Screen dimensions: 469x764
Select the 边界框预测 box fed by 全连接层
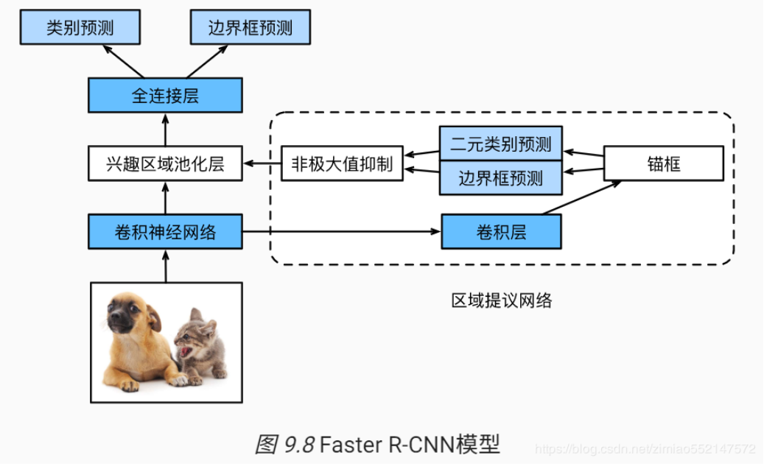click(250, 28)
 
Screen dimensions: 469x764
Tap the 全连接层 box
click(165, 96)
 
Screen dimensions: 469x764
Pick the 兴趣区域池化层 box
click(165, 163)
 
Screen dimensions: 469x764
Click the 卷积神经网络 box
click(165, 232)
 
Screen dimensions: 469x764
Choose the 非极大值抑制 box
click(342, 163)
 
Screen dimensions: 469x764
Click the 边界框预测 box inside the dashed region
click(500, 178)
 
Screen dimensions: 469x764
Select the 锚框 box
click(664, 163)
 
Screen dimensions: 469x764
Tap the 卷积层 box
click(501, 232)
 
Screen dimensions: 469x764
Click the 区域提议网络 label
click(501, 300)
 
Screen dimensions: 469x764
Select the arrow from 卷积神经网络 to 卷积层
click(339, 232)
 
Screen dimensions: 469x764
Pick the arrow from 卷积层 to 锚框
click(582, 199)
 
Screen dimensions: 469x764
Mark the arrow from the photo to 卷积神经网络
click(165, 265)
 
